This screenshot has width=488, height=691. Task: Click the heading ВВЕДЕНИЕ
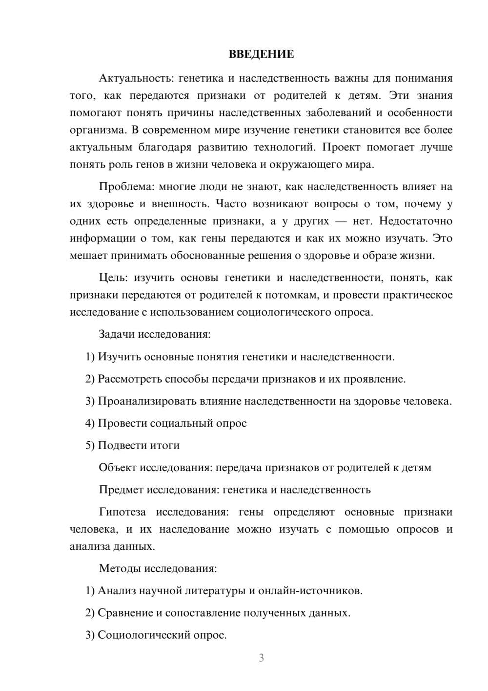click(x=261, y=54)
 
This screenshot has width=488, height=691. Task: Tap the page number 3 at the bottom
click(x=261, y=658)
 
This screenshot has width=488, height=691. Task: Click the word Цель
click(x=113, y=278)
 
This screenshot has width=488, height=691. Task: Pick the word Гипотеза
click(x=122, y=512)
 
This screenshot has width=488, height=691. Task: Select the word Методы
click(x=119, y=568)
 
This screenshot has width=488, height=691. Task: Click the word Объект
click(x=118, y=468)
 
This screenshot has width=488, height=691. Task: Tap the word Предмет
click(x=121, y=490)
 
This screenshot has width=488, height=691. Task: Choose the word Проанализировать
click(x=147, y=401)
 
